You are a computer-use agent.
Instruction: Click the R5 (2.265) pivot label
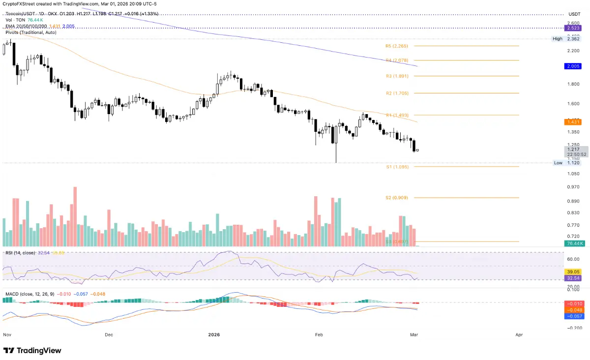coord(397,46)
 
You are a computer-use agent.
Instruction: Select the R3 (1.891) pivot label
coord(397,76)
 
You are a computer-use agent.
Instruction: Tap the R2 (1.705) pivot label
coord(397,93)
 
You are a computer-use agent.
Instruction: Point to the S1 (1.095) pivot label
coord(397,167)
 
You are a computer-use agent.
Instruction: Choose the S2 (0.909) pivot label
coord(397,198)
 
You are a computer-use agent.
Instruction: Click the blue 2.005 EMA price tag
coord(574,65)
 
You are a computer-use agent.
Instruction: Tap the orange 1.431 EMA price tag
coord(574,121)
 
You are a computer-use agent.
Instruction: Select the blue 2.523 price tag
coord(574,29)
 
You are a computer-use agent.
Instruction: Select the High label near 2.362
coord(557,39)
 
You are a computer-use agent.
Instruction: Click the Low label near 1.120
coord(558,163)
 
